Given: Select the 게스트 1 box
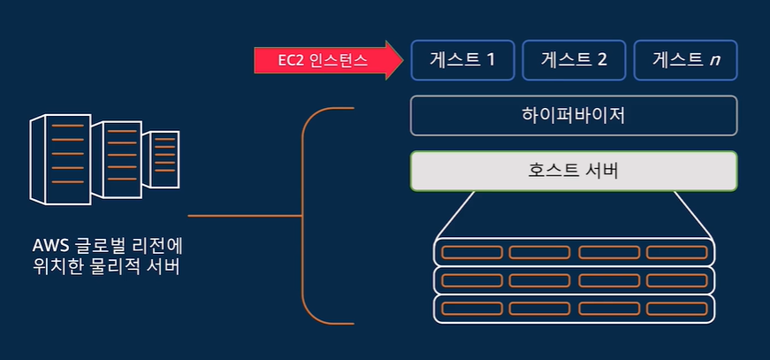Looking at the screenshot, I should [x=461, y=60].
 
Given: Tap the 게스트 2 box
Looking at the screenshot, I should [x=573, y=60].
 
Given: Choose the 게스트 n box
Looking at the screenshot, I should [x=685, y=60].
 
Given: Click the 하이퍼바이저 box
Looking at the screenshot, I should [x=573, y=116].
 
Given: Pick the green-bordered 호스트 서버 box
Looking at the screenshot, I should [x=573, y=171].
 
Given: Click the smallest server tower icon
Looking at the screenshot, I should [x=162, y=159].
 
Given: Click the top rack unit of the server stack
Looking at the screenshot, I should [x=574, y=252].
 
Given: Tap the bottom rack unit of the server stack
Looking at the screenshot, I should [x=574, y=309].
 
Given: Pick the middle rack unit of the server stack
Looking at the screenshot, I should [x=574, y=280].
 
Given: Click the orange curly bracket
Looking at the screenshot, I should [x=309, y=215].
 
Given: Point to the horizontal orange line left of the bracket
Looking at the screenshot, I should [x=243, y=215].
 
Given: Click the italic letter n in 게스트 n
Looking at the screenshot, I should [x=713, y=61].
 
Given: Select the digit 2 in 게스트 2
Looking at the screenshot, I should [x=602, y=60].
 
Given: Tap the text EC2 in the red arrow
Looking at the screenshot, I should [x=292, y=60].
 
